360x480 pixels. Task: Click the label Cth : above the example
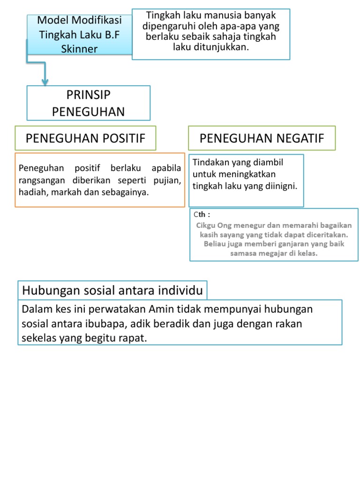point(202,215)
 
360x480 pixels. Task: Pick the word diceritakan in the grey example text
point(330,234)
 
